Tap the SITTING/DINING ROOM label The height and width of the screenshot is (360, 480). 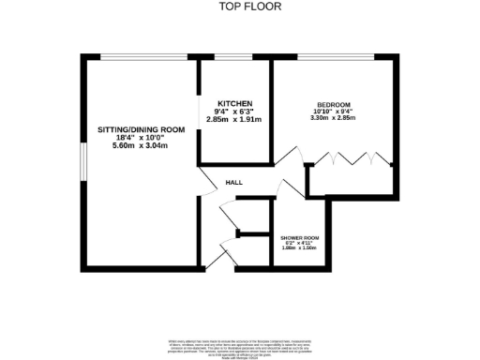139,129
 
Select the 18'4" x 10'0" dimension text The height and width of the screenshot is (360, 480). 139,139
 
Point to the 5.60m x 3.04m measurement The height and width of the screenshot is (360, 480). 139,148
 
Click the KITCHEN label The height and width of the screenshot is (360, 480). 234,103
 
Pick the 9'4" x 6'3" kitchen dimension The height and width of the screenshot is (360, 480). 234,112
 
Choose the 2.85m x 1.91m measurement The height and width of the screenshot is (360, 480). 234,122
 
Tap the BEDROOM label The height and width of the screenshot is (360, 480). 334,105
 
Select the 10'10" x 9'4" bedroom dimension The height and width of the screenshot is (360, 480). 334,112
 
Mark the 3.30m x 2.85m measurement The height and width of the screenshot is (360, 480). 334,120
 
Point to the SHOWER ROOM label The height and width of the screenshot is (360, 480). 300,239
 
